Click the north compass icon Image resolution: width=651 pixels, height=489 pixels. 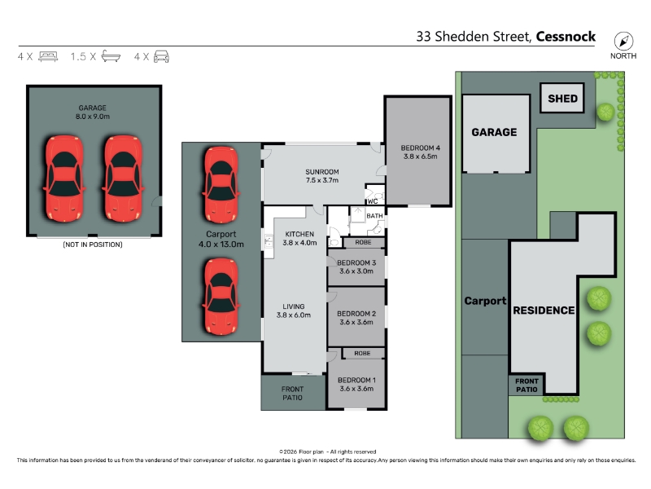[x=623, y=42]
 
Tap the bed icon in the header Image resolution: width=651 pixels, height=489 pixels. [x=48, y=56]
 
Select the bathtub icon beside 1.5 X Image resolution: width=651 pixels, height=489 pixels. [x=111, y=55]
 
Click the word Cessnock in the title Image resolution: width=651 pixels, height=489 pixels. [x=566, y=37]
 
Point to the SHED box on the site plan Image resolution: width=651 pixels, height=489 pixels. [x=562, y=98]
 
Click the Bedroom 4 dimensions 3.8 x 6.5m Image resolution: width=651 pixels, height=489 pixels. [x=420, y=156]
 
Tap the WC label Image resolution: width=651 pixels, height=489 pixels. [x=373, y=201]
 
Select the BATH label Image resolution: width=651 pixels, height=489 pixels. [x=374, y=216]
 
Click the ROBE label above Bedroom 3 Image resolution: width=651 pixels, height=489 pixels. [x=363, y=242]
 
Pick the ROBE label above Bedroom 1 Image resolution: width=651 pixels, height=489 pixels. [x=362, y=353]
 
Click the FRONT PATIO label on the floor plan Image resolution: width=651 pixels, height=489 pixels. [x=292, y=393]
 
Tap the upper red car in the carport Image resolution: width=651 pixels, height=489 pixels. [x=221, y=184]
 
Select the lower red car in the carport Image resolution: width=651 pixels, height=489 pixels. [x=221, y=296]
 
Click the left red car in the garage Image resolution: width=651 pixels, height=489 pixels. [x=64, y=178]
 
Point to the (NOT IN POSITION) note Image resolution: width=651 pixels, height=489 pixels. [x=93, y=244]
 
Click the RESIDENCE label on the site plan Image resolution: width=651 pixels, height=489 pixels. [x=544, y=311]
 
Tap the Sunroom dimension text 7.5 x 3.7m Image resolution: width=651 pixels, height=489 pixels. [x=322, y=180]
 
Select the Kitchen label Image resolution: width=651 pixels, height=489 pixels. [x=299, y=234]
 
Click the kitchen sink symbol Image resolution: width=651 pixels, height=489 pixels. [x=269, y=240]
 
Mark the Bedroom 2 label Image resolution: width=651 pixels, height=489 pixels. [x=356, y=314]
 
